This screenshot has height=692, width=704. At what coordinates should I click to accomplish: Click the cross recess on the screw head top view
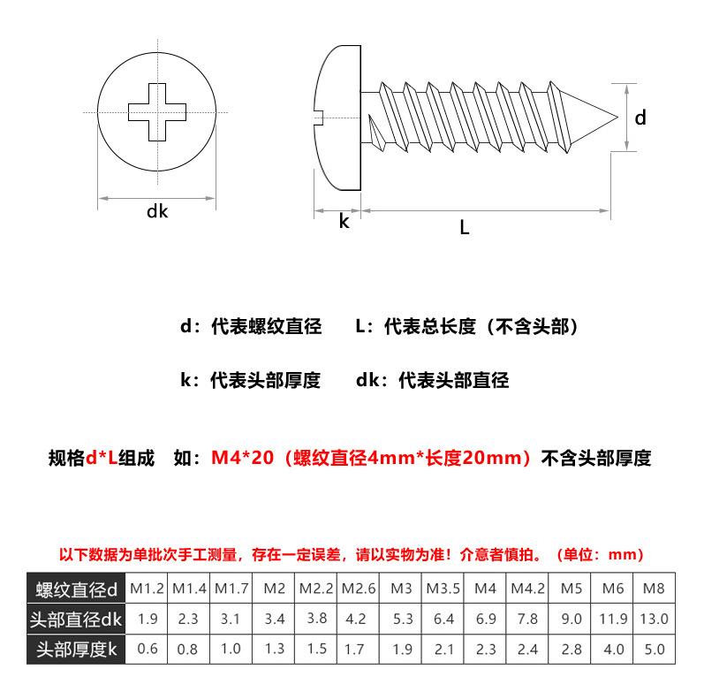[155, 112]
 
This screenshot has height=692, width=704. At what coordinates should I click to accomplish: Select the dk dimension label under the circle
[156, 211]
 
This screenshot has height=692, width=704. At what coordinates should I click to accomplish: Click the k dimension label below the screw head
[344, 222]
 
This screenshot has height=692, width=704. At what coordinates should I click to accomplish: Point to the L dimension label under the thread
[464, 227]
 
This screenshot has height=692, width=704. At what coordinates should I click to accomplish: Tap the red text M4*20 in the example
[241, 459]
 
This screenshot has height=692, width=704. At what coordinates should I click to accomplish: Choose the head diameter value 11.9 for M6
[614, 620]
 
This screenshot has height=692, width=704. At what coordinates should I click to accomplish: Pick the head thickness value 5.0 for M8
[655, 650]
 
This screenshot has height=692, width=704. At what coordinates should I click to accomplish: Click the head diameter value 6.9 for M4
[486, 620]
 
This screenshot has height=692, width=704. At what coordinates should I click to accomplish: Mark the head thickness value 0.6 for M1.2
[148, 650]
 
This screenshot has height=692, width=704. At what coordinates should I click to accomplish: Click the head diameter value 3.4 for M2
[275, 620]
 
